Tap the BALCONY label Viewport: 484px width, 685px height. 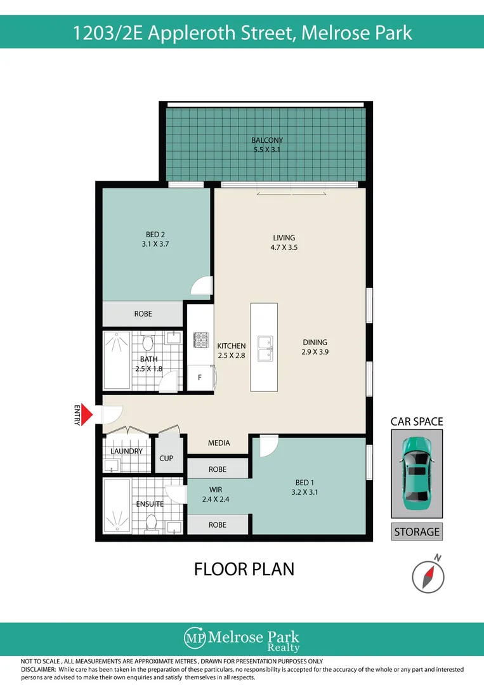tap(266, 140)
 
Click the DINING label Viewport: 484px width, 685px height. tap(315, 342)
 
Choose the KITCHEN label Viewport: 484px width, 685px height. tap(231, 346)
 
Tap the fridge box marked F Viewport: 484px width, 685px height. tap(200, 377)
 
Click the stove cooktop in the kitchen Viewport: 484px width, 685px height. tap(201, 340)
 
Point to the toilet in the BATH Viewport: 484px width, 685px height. tap(148, 343)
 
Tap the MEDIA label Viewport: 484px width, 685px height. tap(219, 443)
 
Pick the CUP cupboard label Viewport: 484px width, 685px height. tap(167, 457)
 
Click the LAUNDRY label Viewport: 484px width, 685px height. tap(126, 452)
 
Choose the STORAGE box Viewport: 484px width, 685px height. tap(417, 532)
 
